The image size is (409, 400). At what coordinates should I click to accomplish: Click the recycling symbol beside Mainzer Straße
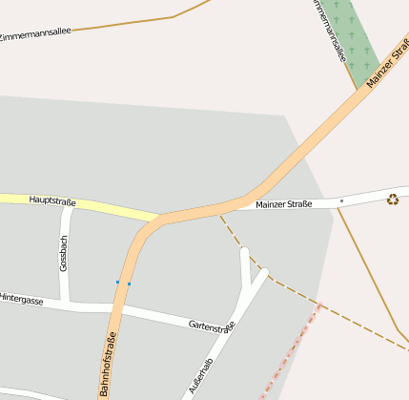click(392, 200)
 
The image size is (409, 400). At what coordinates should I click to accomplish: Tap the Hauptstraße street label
click(52, 200)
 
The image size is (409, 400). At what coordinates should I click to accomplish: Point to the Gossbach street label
click(64, 254)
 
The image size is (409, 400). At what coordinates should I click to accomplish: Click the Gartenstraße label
click(212, 326)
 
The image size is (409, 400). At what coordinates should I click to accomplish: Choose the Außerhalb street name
click(201, 377)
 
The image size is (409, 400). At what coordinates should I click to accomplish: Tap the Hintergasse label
click(21, 300)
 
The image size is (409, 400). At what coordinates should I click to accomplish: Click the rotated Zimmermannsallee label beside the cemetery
click(328, 31)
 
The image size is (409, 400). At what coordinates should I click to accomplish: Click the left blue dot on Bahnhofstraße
click(117, 283)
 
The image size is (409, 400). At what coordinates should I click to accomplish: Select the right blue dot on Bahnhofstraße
click(129, 284)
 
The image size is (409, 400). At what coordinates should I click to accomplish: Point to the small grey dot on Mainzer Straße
click(341, 201)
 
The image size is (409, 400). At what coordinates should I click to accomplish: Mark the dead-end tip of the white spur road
click(244, 251)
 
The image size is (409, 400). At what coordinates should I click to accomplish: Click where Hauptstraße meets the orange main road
click(155, 219)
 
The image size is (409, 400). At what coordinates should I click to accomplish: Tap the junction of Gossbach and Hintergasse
click(68, 304)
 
